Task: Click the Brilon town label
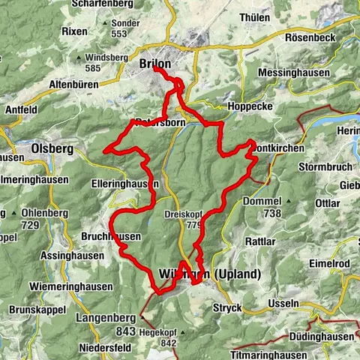click(155, 64)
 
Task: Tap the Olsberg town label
click(52, 148)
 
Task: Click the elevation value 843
click(124, 329)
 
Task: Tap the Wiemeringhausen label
click(71, 286)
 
